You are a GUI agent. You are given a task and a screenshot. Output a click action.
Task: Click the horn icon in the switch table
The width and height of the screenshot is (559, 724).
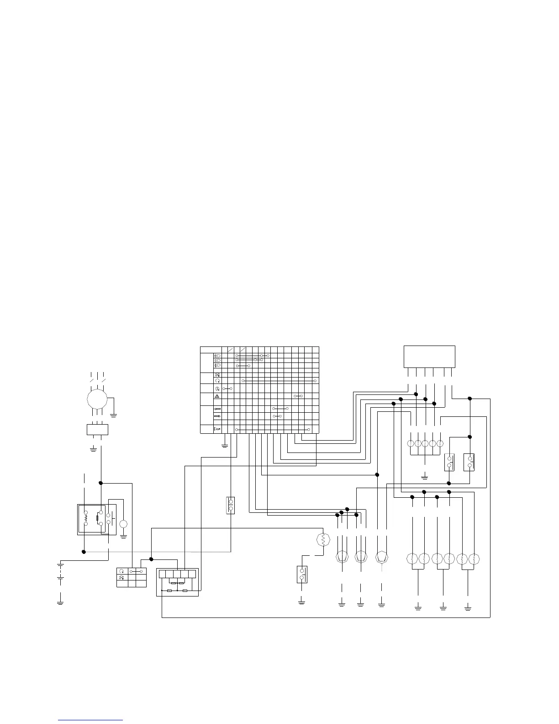(217, 429)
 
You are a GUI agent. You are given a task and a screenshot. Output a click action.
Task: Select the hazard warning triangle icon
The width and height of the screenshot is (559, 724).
(217, 396)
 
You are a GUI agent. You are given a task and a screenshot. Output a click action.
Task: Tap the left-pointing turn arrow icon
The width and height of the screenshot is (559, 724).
(217, 409)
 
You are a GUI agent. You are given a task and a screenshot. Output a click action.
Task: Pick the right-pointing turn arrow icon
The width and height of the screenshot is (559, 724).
(217, 416)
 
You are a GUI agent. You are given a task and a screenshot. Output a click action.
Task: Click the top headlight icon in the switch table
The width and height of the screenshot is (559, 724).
(217, 355)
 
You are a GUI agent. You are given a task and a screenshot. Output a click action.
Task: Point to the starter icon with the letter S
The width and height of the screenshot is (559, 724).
(217, 388)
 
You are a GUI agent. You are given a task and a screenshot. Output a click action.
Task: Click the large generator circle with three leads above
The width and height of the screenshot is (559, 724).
(97, 399)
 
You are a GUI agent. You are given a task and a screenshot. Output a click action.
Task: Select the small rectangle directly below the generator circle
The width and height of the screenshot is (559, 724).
(97, 430)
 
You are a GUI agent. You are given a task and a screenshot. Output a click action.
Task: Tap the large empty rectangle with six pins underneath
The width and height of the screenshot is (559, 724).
(429, 357)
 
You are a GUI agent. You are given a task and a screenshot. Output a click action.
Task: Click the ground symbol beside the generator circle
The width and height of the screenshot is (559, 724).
(113, 415)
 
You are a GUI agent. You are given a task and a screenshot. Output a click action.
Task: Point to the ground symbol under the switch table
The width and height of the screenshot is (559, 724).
(224, 445)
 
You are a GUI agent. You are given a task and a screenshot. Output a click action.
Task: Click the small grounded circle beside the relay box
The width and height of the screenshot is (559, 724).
(123, 524)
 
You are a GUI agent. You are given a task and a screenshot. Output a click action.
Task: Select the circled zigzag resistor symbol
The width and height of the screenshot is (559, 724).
(323, 540)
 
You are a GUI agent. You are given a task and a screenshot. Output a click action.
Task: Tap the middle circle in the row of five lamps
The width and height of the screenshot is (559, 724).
(425, 443)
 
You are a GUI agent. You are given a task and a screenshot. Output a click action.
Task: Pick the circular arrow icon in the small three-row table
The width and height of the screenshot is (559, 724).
(121, 571)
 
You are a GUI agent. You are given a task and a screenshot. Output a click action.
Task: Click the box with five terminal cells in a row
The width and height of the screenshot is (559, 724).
(177, 574)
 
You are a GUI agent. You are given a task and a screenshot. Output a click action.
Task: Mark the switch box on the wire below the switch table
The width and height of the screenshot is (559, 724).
(231, 505)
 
